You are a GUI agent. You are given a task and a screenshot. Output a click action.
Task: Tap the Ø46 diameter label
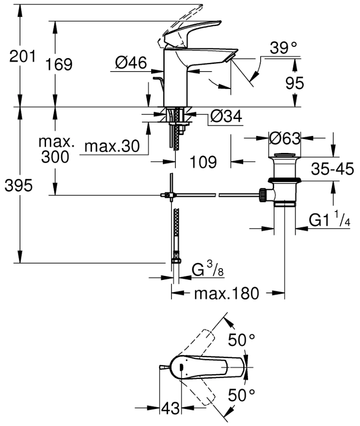(x=131, y=62)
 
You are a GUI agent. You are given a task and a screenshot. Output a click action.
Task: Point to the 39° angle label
(x=283, y=48)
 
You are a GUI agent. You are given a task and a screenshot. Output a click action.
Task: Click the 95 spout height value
(x=294, y=83)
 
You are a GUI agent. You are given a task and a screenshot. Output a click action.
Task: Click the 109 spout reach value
(x=202, y=162)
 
